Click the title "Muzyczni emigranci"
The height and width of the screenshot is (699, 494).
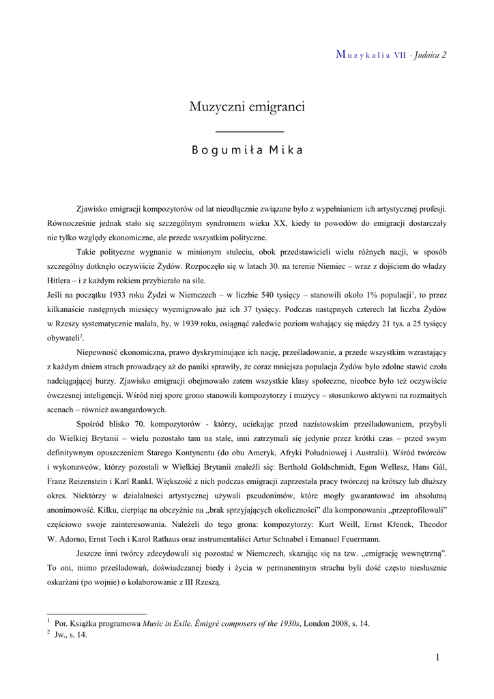[x=246, y=107]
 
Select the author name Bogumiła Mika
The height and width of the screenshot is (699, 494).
[x=246, y=151]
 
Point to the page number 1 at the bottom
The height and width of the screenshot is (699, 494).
[x=437, y=657]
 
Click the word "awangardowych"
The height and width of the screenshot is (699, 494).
[x=134, y=410]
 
